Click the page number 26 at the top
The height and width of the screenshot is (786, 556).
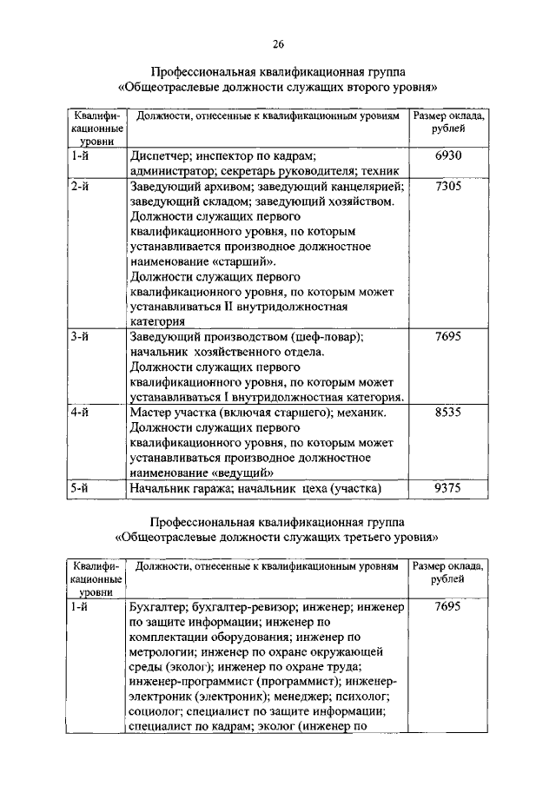[278, 44]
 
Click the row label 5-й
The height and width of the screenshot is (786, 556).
[81, 490]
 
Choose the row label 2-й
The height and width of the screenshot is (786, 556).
[81, 187]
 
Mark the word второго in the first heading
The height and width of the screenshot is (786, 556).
[341, 87]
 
